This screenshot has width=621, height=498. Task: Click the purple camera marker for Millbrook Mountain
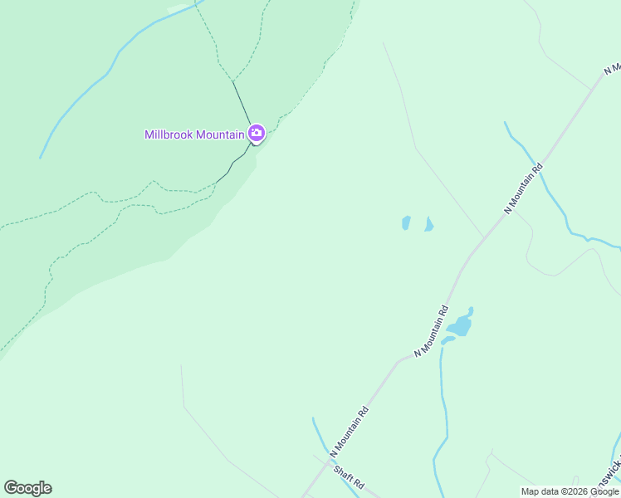click(x=256, y=133)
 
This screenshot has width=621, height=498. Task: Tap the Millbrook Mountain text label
click(x=194, y=134)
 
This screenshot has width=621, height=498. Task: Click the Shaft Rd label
click(x=350, y=476)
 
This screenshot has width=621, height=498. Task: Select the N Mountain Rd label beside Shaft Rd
click(x=349, y=432)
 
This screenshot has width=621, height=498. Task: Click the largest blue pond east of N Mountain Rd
click(x=460, y=325)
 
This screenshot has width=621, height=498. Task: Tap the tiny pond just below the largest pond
click(x=447, y=339)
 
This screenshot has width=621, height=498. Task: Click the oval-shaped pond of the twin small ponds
click(x=406, y=222)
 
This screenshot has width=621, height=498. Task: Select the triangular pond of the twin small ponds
click(x=428, y=225)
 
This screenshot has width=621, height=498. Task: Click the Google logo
click(x=27, y=488)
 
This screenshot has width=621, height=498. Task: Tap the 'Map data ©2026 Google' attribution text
click(x=570, y=491)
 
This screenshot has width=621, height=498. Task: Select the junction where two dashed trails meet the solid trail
click(x=233, y=81)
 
